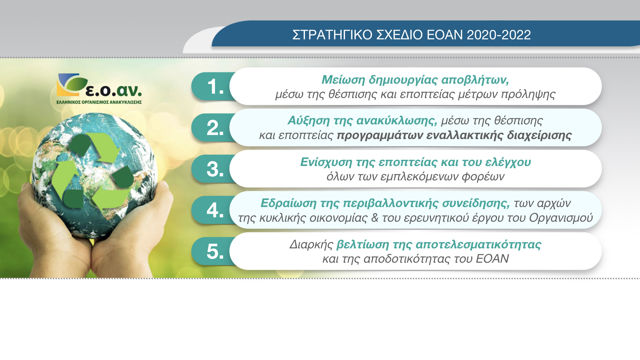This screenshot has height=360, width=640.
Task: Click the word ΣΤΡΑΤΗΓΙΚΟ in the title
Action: click(x=332, y=35)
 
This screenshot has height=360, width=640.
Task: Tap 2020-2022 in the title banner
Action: click(x=499, y=35)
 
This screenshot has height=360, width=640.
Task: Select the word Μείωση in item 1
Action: click(x=343, y=80)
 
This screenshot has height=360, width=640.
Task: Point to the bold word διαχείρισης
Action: click(x=539, y=135)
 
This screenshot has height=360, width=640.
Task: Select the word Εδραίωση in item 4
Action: click(x=288, y=203)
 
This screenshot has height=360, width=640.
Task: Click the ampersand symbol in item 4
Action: click(x=375, y=218)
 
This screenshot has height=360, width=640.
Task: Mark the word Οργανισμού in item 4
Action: click(x=561, y=218)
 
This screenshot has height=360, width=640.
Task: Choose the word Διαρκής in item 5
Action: click(x=311, y=245)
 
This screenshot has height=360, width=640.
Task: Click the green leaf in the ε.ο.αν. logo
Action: click(x=76, y=84)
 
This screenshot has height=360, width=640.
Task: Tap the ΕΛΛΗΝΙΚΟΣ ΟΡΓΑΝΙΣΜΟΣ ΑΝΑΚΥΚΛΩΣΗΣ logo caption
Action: click(x=99, y=102)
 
